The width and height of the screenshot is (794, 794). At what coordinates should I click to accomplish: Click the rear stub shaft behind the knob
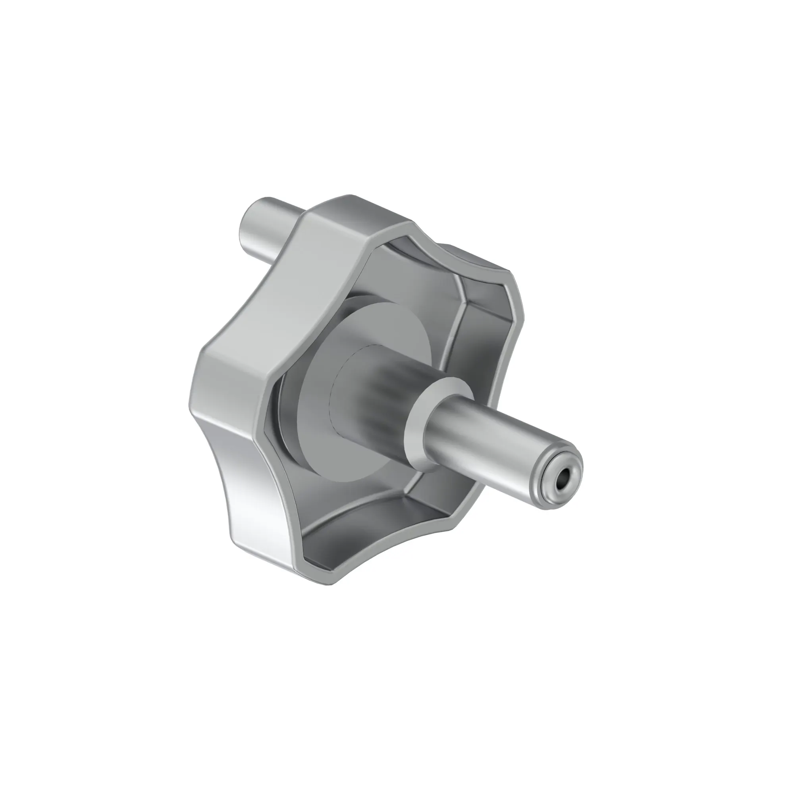[x=263, y=230]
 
